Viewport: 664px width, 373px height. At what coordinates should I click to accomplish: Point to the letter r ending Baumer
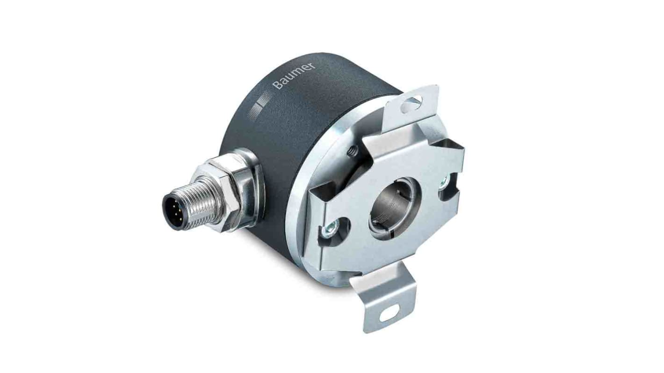tap(312, 65)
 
